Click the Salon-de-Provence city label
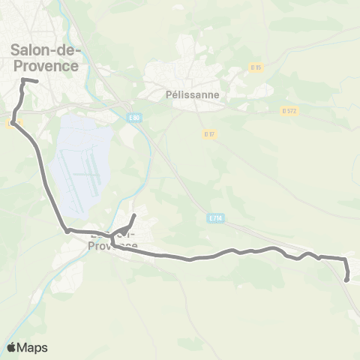(x=45, y=58)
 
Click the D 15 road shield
(x=256, y=67)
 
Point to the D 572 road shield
(x=289, y=111)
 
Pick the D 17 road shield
(x=209, y=134)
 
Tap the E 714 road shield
(x=214, y=218)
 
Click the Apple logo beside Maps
(x=12, y=347)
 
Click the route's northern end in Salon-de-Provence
(x=37, y=81)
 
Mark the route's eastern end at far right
(x=346, y=280)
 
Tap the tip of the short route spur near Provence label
(x=134, y=216)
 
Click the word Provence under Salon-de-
(x=45, y=66)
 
